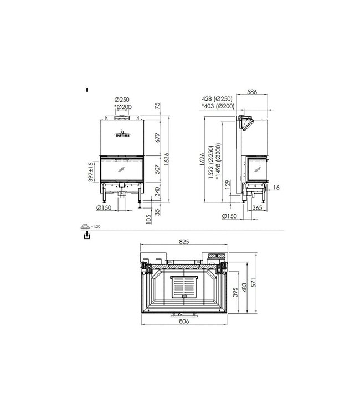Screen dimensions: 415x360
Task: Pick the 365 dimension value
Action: click(257, 208)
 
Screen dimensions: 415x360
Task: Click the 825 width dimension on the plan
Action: click(184, 241)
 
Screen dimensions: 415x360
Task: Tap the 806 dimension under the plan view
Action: click(184, 321)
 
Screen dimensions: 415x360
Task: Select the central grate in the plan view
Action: click(184, 287)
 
